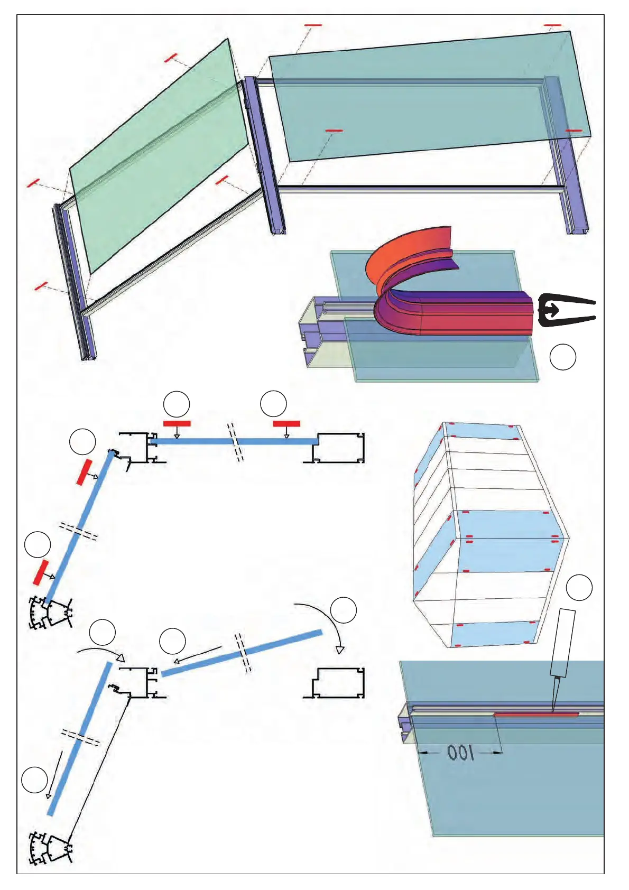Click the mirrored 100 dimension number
click(460, 753)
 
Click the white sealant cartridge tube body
click(563, 643)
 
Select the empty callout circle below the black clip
click(562, 357)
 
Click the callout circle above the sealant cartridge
click(579, 588)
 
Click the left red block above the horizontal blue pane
click(177, 423)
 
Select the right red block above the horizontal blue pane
click(286, 423)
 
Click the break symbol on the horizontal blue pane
click(236, 441)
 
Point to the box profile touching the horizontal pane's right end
click(338, 448)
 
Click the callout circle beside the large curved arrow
click(343, 610)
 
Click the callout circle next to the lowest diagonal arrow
click(34, 780)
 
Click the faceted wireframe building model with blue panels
click(489, 534)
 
